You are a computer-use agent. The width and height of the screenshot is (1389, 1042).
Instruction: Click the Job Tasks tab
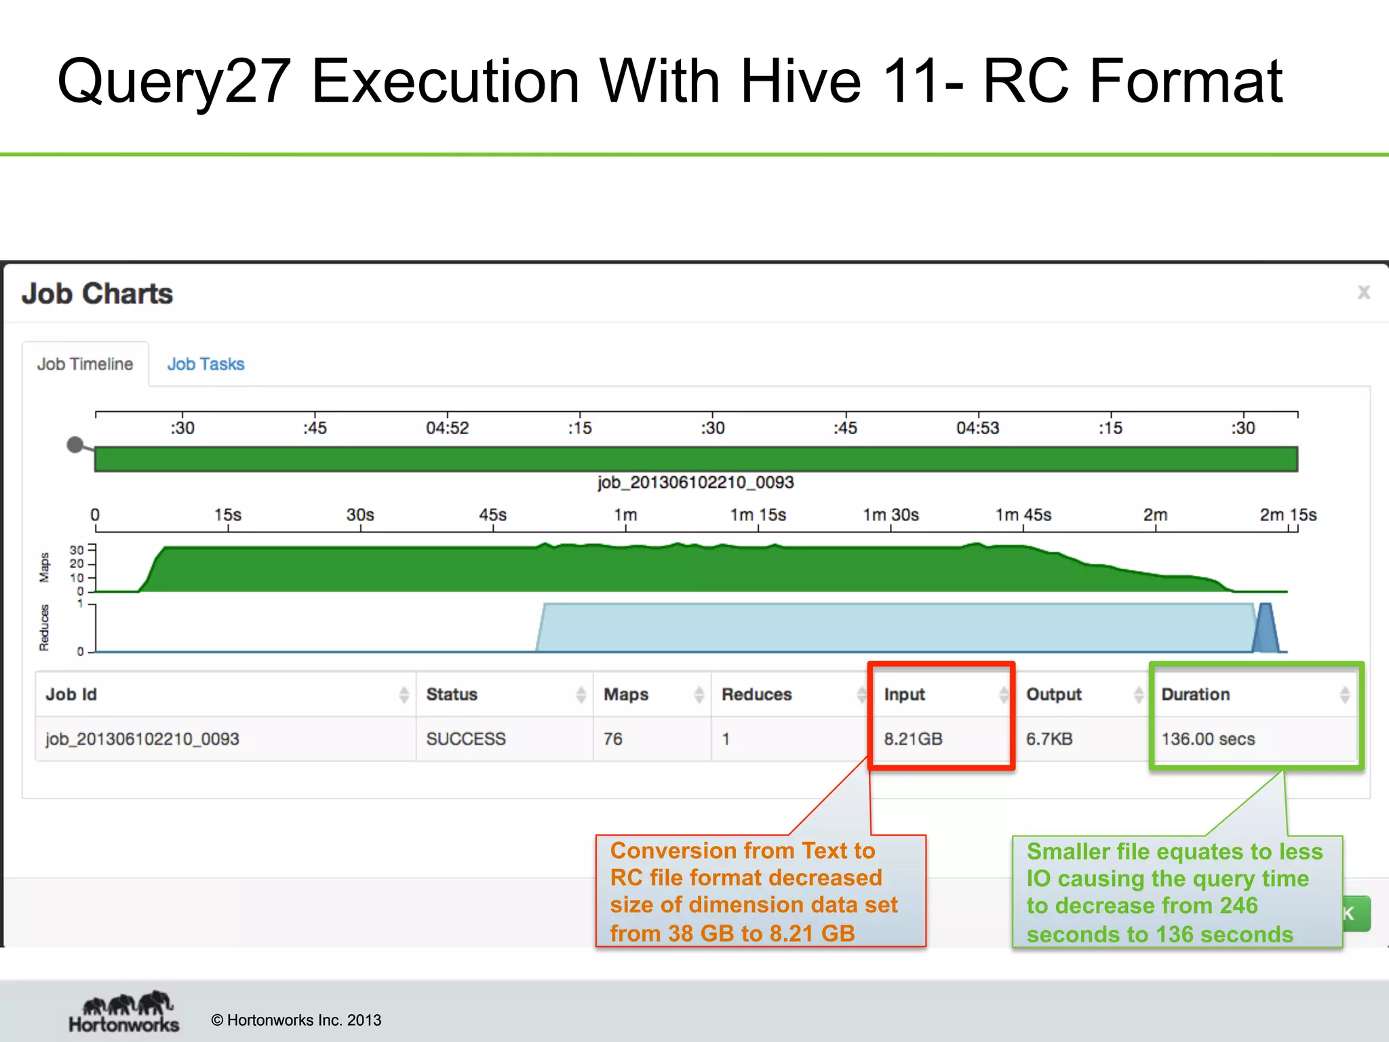[x=206, y=364]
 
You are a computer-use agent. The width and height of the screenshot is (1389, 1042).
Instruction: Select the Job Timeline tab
[x=85, y=364]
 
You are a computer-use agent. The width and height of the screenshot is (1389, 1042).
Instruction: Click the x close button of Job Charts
[x=1363, y=292]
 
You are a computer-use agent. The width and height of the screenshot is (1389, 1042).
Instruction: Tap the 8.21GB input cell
[x=913, y=739]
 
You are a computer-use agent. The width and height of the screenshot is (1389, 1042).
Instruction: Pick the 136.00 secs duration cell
[x=1208, y=739]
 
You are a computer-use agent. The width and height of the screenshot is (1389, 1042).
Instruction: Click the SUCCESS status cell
[x=466, y=739]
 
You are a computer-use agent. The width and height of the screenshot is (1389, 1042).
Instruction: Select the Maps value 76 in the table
[x=613, y=739]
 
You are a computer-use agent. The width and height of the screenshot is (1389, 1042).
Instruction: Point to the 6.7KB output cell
[x=1049, y=739]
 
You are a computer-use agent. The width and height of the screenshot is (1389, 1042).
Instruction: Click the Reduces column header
[x=756, y=695]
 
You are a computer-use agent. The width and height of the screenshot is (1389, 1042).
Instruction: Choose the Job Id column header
[x=71, y=695]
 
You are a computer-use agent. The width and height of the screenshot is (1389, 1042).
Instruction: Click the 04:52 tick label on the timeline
[x=447, y=428]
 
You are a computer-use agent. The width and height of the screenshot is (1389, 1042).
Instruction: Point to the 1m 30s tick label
[x=891, y=515]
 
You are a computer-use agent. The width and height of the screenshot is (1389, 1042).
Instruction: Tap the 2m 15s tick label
[x=1287, y=515]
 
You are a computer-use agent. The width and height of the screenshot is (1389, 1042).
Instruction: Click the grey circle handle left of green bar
[x=75, y=445]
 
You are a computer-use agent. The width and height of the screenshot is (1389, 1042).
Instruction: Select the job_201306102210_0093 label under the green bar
[x=695, y=482]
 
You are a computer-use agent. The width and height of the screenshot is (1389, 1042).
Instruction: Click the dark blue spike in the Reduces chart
[x=1266, y=631]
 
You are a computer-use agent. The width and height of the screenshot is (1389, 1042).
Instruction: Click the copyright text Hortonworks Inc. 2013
[x=296, y=1020]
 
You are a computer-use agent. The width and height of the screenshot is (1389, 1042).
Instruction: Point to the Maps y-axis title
[x=45, y=567]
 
